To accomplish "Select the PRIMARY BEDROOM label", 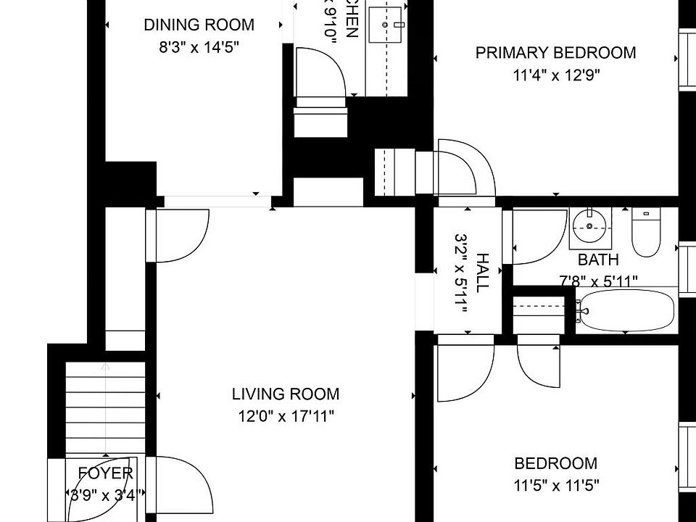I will [555, 52].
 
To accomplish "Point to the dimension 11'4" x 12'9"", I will [555, 75].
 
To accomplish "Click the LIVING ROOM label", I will [286, 394].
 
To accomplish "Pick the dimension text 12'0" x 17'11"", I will [286, 416].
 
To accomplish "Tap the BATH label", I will [598, 260].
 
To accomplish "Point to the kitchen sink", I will [386, 26].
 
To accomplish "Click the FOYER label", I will [106, 473].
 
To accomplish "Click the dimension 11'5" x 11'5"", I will [556, 485].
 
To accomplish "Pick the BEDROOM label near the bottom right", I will [556, 463].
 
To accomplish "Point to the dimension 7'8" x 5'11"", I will [598, 281].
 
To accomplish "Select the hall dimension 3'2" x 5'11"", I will [460, 273].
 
